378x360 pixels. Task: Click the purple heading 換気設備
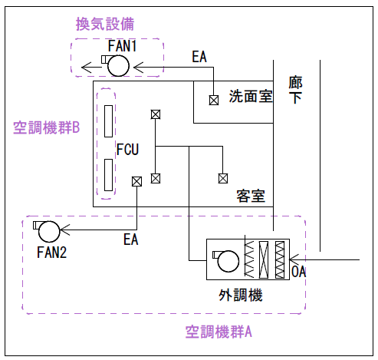coord(105,24)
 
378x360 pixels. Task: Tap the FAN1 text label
coord(122,46)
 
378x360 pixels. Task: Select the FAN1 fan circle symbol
coord(118,66)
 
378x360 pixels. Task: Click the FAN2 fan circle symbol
coord(49,231)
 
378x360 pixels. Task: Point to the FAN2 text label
coord(52,253)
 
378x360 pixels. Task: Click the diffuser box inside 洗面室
coord(214,101)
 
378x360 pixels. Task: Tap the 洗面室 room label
coord(251,96)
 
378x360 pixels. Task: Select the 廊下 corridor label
coord(296,90)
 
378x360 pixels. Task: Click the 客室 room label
coord(251,197)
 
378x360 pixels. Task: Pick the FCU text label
coord(127,149)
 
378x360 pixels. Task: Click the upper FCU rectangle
coord(108,121)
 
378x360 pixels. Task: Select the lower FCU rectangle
coord(108,175)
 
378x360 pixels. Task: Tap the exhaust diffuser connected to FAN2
coord(136,182)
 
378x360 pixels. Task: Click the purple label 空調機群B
coord(47,127)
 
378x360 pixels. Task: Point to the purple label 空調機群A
coord(219,332)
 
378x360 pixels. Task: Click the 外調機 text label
coord(241,295)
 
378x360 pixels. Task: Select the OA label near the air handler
coord(298,272)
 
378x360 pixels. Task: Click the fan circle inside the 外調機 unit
coord(228,261)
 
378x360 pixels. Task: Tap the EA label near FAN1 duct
coord(199,57)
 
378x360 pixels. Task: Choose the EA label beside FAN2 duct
coord(131,239)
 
